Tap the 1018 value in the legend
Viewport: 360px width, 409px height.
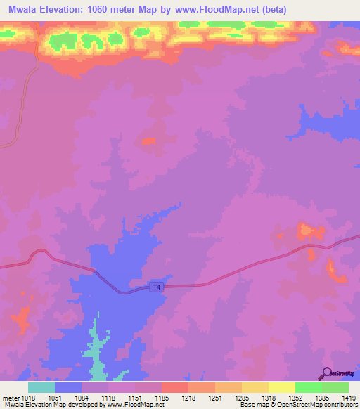click(27, 397)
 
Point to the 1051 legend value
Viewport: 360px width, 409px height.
click(54, 397)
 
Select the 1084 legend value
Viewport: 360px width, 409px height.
click(81, 397)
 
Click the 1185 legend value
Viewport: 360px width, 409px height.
click(161, 397)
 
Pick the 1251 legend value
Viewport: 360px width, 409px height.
click(214, 397)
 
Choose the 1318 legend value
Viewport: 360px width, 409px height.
click(268, 397)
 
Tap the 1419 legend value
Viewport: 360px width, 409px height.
click(348, 397)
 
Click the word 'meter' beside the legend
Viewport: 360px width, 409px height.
click(9, 397)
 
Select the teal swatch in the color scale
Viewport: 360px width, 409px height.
click(41, 387)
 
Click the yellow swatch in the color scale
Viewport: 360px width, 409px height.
click(281, 387)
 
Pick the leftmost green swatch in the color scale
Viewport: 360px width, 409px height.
click(308, 387)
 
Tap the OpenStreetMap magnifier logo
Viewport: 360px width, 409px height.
click(326, 373)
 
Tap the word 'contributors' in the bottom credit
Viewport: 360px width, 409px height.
click(340, 405)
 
